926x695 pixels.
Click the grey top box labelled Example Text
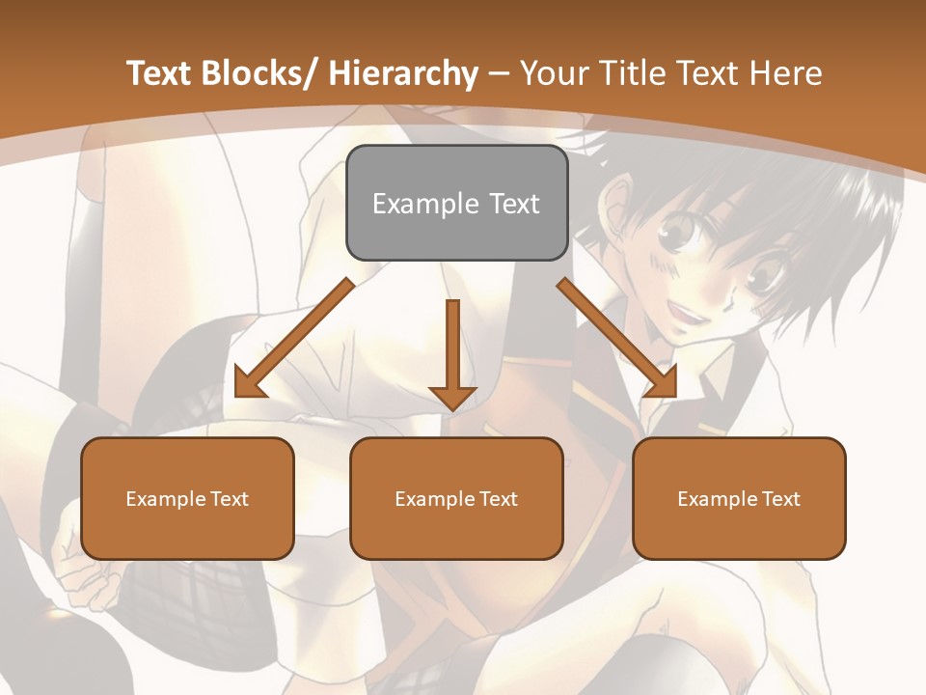[456, 203]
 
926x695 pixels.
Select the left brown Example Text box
[187, 498]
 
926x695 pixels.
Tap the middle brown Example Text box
[456, 498]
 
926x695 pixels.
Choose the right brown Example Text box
[739, 498]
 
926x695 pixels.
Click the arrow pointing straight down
[452, 357]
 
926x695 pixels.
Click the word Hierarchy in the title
[403, 73]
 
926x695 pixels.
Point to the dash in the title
[499, 73]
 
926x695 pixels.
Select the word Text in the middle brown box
[498, 499]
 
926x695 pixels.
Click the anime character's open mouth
[691, 312]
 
